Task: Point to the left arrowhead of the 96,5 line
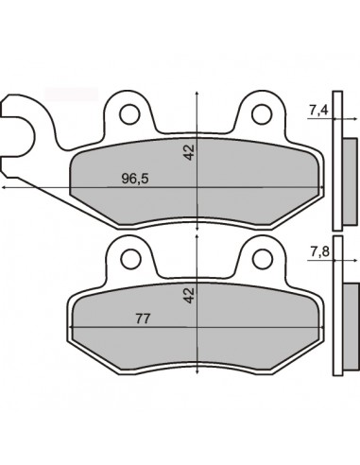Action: pos(6,188)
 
